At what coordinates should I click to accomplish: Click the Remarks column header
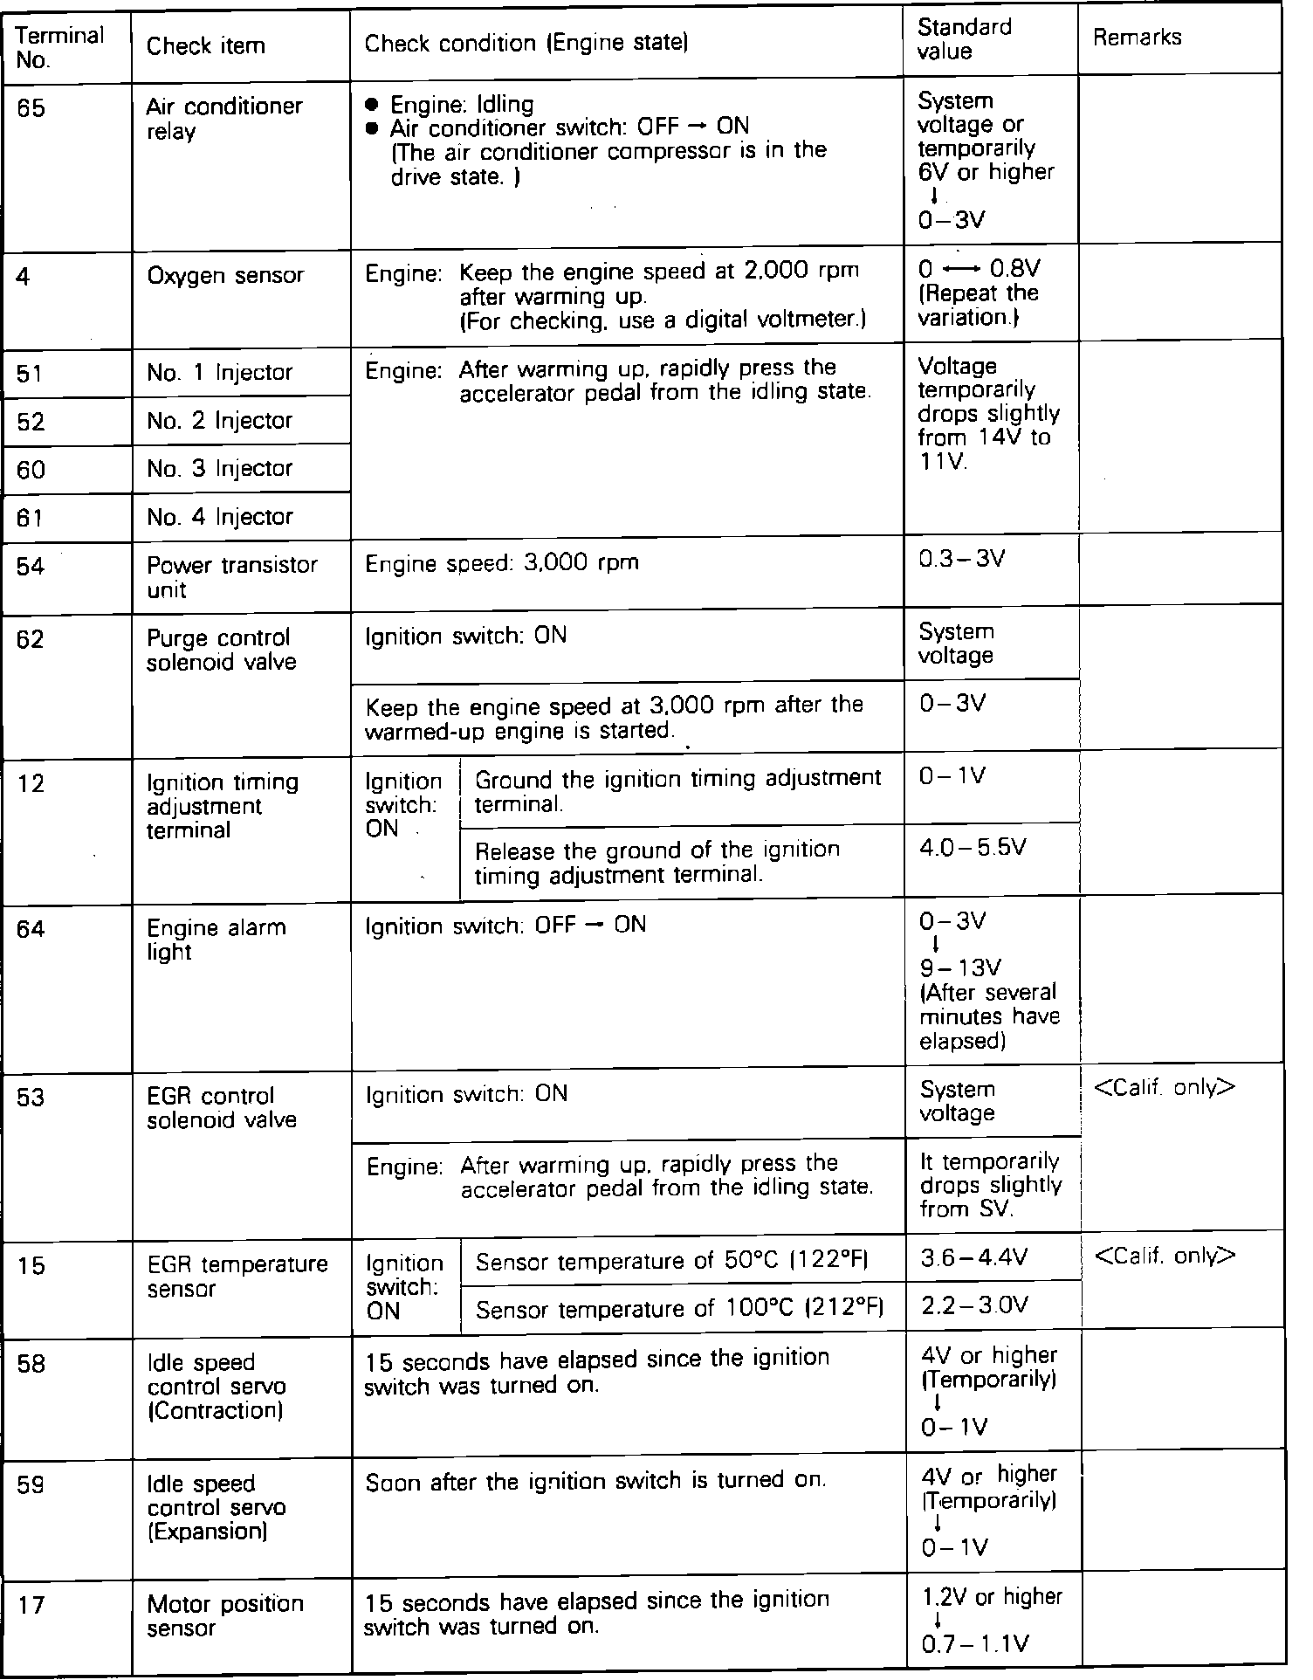(1137, 38)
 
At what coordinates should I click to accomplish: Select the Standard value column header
(964, 39)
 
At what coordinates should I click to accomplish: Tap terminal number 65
(31, 109)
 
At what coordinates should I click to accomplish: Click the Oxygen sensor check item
(225, 275)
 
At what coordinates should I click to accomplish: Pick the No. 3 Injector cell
(219, 469)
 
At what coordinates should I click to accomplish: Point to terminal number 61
(30, 518)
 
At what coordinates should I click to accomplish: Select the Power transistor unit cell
(231, 576)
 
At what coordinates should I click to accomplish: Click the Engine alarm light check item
(216, 939)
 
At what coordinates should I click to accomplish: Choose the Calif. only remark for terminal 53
(1164, 1088)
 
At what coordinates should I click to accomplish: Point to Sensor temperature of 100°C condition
(679, 1308)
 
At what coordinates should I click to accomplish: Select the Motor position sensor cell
(224, 1615)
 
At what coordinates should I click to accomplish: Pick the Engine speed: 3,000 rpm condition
(501, 563)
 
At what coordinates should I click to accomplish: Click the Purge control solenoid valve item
(221, 651)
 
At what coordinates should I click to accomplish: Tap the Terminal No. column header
(59, 47)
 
